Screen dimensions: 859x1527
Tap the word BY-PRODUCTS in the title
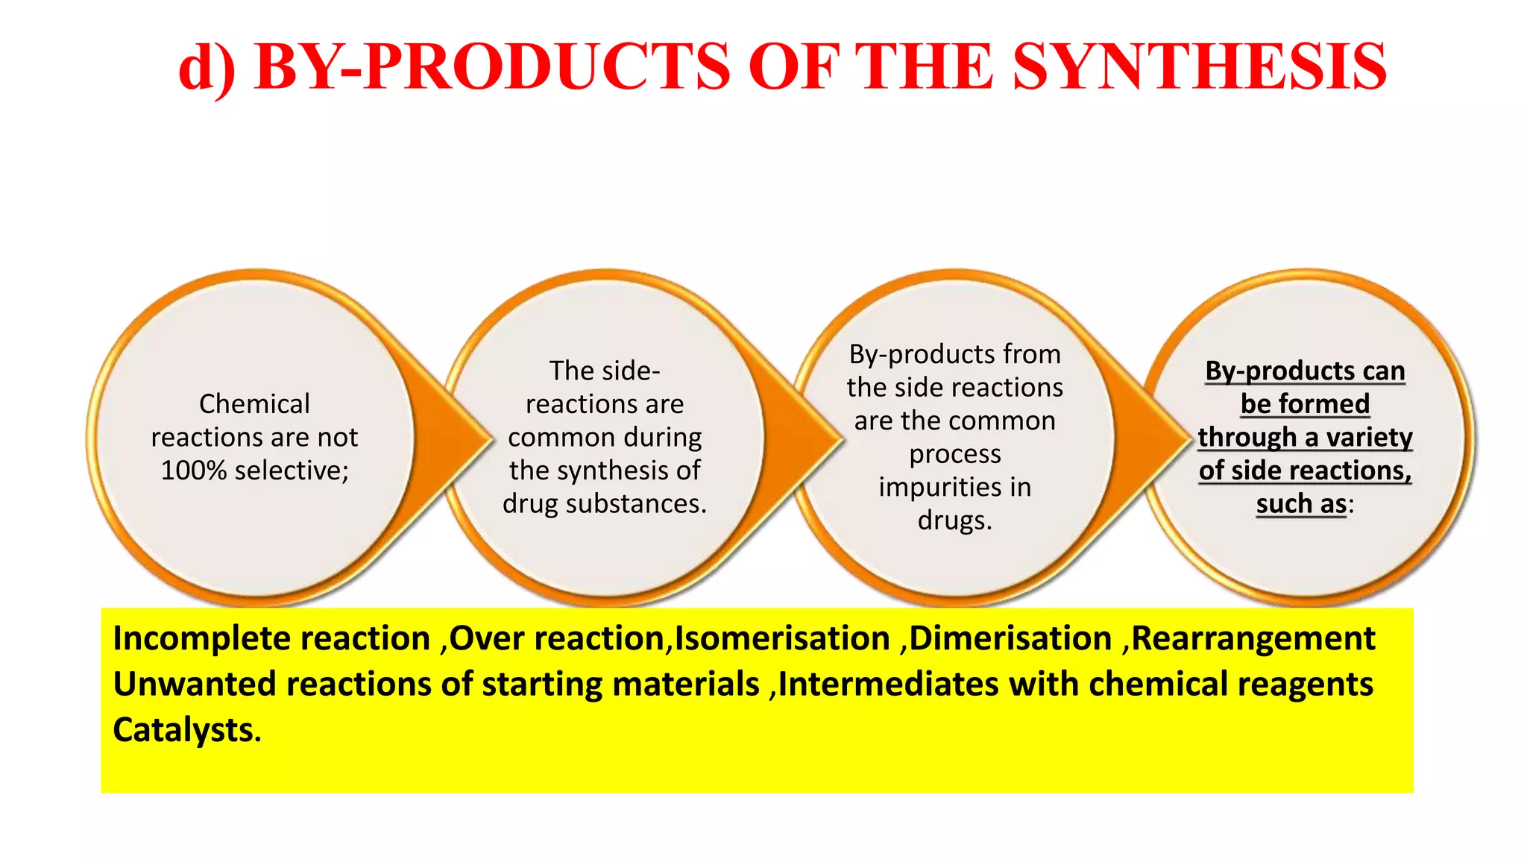[x=492, y=67]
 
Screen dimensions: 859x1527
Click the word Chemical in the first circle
[x=254, y=404]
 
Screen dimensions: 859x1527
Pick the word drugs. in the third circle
[x=955, y=520]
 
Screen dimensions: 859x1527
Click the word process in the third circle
[x=955, y=454]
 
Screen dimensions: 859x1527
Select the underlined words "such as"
[x=1301, y=504]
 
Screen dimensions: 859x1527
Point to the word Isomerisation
[x=782, y=639]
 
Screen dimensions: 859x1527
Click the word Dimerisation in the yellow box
[x=1011, y=639]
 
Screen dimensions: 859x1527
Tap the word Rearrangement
[x=1253, y=639]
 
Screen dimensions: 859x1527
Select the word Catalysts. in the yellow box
[x=187, y=730]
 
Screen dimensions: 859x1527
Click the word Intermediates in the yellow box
[x=888, y=685]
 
